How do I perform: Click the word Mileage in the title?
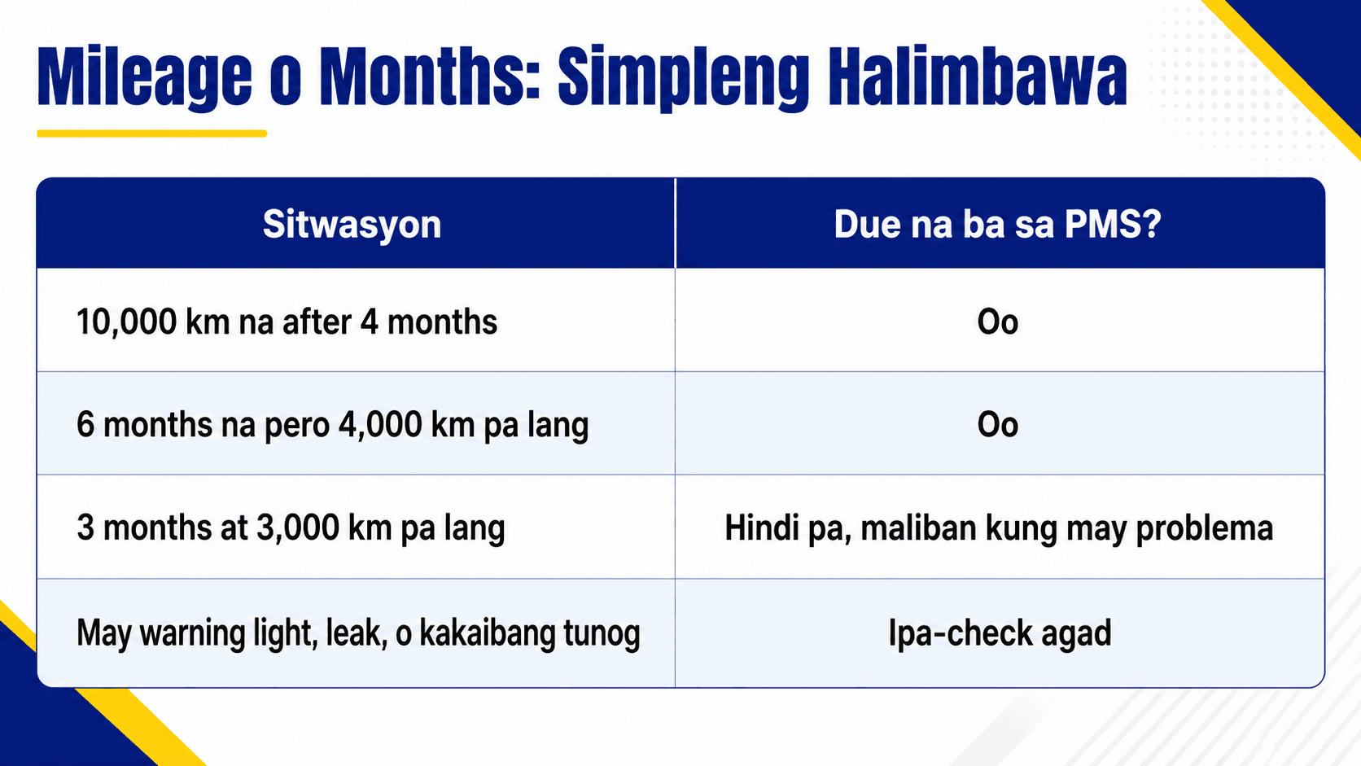(145, 77)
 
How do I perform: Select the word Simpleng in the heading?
(684, 78)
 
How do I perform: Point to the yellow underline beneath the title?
(152, 134)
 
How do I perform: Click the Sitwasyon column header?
(352, 224)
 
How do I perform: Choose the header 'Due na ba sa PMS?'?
(998, 224)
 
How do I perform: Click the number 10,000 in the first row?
(126, 322)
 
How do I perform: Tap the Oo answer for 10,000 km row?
(998, 322)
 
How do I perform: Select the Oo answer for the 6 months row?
(998, 424)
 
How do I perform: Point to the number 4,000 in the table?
(380, 424)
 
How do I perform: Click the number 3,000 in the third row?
(298, 527)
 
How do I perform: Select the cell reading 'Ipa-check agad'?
(1000, 633)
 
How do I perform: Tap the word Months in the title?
(430, 77)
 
